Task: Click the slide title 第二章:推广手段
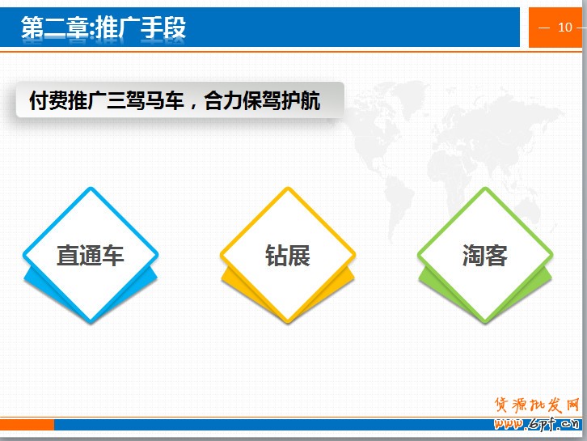[x=103, y=28]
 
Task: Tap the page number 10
[x=565, y=28]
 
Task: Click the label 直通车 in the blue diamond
[x=91, y=256]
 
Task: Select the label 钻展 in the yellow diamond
[x=288, y=256]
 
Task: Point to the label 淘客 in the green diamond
[x=485, y=256]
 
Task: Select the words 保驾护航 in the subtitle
[x=281, y=100]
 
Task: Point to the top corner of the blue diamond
[x=91, y=188]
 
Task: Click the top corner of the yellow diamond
[x=288, y=188]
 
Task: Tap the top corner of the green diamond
[x=485, y=188]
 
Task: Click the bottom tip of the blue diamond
[x=91, y=323]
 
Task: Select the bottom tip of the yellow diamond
[x=288, y=323]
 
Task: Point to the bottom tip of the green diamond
[x=485, y=323]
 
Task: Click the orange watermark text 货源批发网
[x=537, y=405]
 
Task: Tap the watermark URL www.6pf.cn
[x=536, y=424]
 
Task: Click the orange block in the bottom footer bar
[x=27, y=425]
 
